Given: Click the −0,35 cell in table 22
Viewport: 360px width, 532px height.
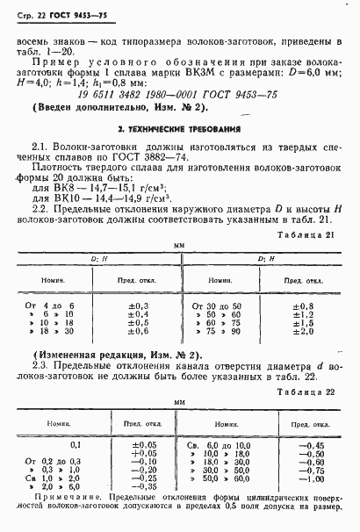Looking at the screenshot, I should [140, 487].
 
